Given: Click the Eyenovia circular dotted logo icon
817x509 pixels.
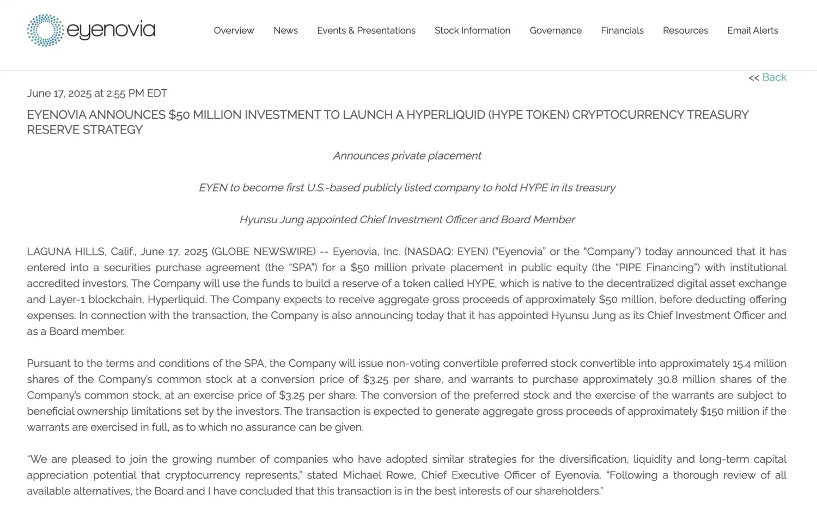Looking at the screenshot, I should tap(45, 30).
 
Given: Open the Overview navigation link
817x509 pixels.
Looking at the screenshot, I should tap(234, 30).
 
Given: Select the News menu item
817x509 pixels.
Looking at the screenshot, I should tap(285, 30).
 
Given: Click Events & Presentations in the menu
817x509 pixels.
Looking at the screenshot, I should tap(366, 30).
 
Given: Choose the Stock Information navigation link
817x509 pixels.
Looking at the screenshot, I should tap(472, 30).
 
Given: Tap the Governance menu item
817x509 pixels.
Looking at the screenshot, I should tap(556, 30).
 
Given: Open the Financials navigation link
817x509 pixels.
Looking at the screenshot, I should tap(622, 30).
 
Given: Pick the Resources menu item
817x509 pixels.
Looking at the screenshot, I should tap(685, 30).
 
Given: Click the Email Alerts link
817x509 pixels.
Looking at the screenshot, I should tap(752, 30).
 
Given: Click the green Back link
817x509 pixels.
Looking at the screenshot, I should tap(774, 77).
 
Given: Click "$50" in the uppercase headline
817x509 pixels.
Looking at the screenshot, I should tap(179, 115).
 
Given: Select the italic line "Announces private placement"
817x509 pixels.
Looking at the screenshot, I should tap(407, 156).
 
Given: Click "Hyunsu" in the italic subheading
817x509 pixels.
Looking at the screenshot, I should tap(258, 219).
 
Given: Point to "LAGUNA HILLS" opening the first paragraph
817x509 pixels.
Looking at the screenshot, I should tap(65, 252).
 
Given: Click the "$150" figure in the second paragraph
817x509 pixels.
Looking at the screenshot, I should tap(712, 412).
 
